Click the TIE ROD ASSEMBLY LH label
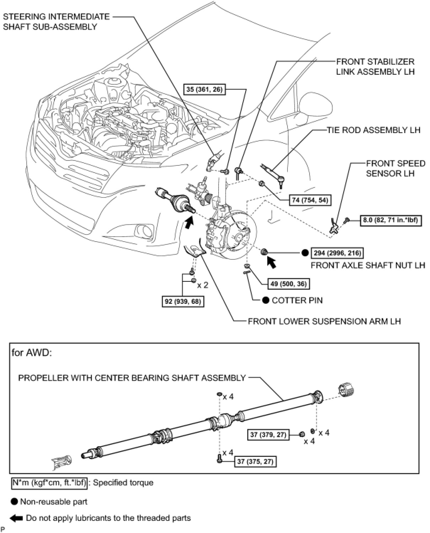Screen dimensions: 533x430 click(373, 130)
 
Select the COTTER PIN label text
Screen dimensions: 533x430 click(297, 300)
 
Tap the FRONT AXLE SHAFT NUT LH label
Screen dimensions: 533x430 click(368, 265)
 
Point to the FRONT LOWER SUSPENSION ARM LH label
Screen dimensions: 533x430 click(324, 321)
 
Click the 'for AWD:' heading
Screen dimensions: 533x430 click(32, 353)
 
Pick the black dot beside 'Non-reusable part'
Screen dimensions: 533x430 click(14, 502)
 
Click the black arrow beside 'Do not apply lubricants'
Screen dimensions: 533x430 click(16, 518)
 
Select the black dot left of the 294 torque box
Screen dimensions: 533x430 click(305, 253)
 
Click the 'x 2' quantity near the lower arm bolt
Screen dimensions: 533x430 click(203, 285)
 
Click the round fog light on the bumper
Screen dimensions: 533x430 click(145, 231)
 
